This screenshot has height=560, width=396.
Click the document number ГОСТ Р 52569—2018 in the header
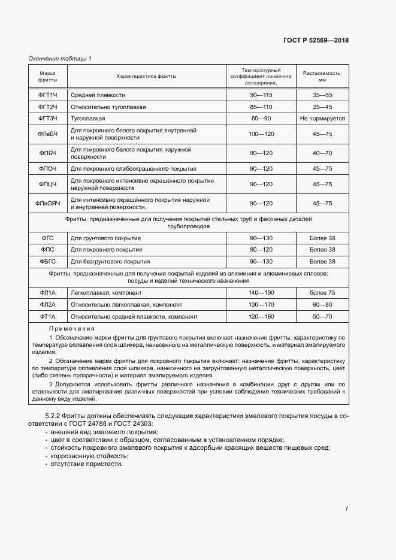(316, 40)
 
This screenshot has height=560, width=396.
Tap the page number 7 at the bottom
(346, 509)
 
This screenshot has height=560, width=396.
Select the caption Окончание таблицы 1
(60, 58)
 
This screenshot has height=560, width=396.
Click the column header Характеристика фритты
(146, 76)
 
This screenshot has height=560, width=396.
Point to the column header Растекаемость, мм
(322, 76)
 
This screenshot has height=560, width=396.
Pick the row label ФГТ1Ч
(48, 95)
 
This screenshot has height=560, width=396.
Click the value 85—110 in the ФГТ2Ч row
(261, 107)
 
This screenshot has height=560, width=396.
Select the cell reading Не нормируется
(322, 119)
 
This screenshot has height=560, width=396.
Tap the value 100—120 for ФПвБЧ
(261, 134)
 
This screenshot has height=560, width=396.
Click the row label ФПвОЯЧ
(48, 203)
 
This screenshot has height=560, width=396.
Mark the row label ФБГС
(48, 261)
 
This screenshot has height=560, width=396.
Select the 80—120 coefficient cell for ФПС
(261, 249)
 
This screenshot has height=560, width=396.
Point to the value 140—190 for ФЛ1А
(261, 292)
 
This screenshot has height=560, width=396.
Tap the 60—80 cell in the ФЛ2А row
(322, 304)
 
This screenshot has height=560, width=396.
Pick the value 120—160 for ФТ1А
(261, 316)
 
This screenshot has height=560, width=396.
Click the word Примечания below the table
(71, 329)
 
